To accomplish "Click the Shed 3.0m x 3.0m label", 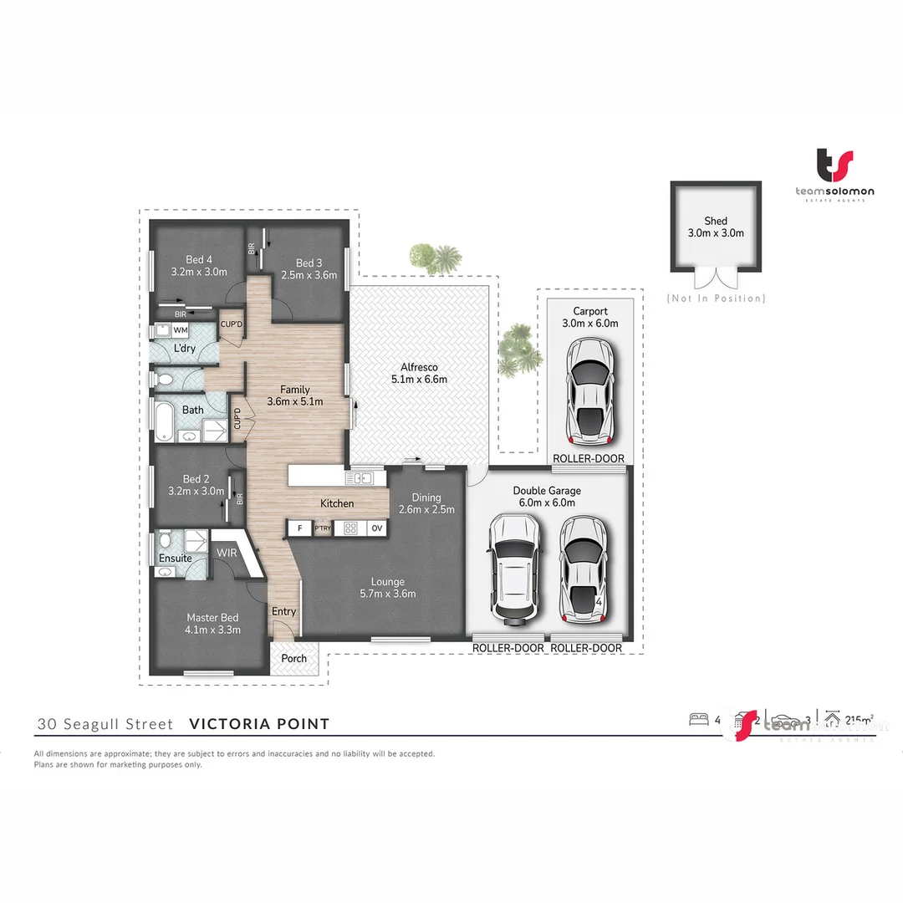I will click(716, 227).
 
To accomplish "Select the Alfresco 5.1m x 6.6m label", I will click(419, 373).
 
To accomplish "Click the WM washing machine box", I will click(181, 330).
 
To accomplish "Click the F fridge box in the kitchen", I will click(298, 528).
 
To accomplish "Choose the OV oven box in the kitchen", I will click(376, 528).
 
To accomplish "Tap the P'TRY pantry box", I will click(323, 528).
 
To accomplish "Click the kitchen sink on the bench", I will click(363, 478).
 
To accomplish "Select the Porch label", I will click(293, 658).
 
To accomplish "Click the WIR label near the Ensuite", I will click(227, 553).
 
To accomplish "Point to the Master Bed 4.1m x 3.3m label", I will click(213, 624).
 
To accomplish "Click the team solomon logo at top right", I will click(834, 175).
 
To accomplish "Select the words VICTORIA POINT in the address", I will click(259, 724).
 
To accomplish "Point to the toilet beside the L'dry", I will click(166, 380).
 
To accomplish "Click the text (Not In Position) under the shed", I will click(716, 298).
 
